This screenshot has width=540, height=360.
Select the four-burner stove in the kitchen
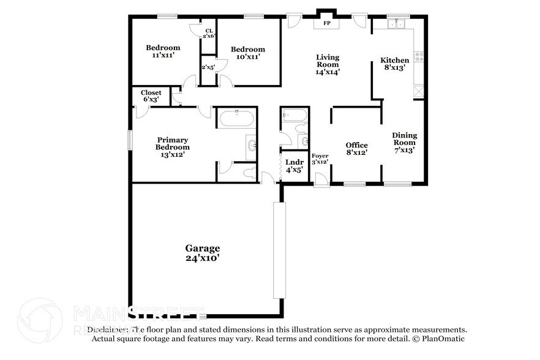point(419,57)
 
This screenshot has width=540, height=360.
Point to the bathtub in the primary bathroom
point(236,118)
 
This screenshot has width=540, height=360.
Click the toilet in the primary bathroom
point(249,173)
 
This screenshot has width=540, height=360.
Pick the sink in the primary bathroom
point(252,145)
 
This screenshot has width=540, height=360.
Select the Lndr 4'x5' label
point(294,166)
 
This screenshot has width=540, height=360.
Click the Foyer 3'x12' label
point(320,159)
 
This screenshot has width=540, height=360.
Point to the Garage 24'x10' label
point(203,253)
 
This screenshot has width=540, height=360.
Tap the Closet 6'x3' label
point(151,96)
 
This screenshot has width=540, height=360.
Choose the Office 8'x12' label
point(356,149)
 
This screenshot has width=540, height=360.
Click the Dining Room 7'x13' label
point(404,143)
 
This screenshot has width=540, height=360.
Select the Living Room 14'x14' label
point(328,64)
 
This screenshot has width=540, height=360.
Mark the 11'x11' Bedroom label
point(163,51)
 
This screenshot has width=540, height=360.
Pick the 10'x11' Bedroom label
point(247,53)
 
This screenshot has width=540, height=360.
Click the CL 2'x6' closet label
point(209,33)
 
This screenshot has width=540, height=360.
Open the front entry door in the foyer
point(321,179)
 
